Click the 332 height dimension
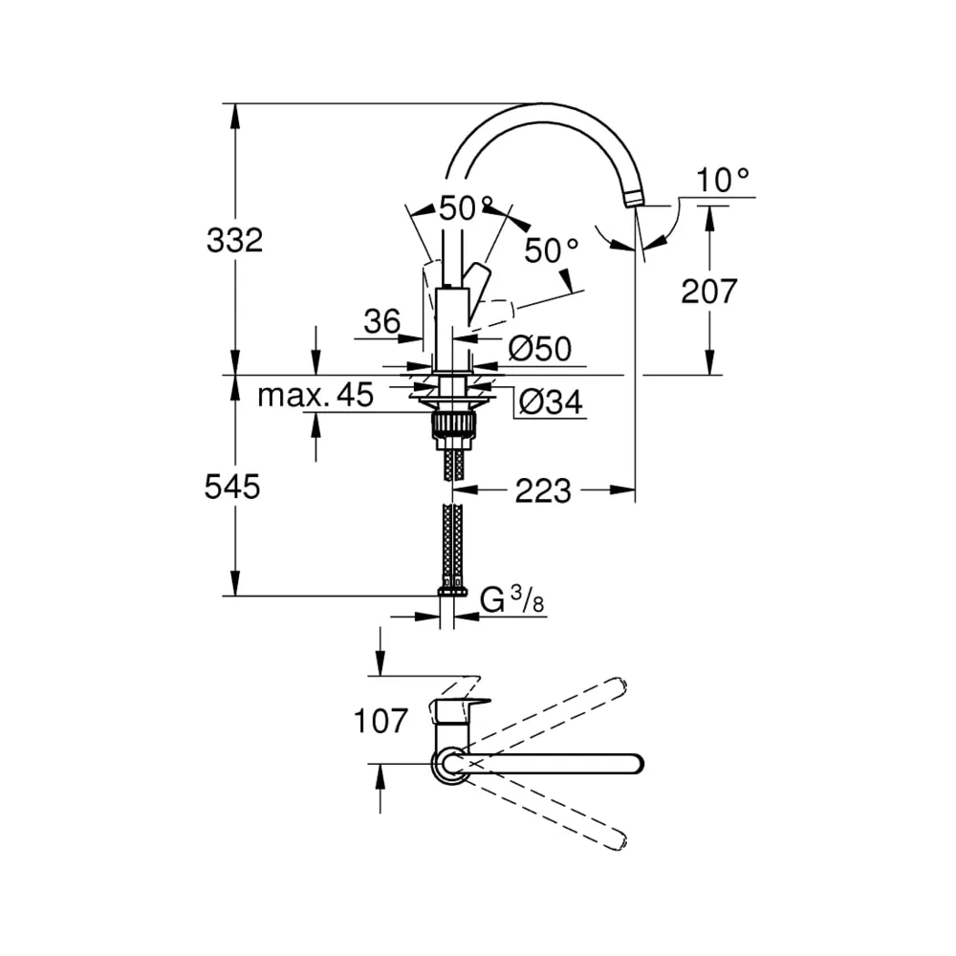pos(235,240)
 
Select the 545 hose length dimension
pos(232,487)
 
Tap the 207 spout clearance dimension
pos(709,292)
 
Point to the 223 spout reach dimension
pos(543,490)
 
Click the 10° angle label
pos(723,181)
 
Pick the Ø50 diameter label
pos(540,349)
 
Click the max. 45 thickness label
pos(315,395)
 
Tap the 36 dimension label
pos(382,321)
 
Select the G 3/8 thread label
pos(511,599)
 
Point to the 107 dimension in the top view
pos(380,721)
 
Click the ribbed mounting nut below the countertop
pos(452,424)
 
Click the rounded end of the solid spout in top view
pos(637,764)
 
